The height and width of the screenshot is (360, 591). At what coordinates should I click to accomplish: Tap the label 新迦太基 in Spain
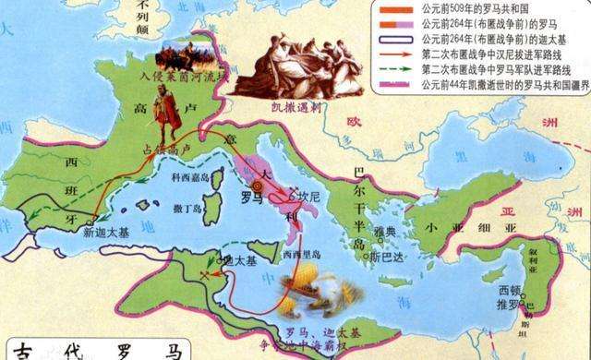[x=99, y=234]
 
